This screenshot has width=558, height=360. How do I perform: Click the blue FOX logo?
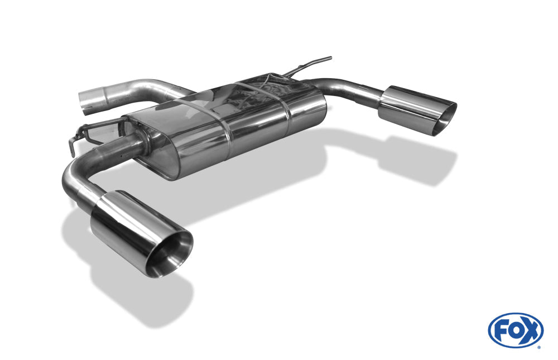point(516,330)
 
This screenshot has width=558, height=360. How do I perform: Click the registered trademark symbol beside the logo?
point(539,347)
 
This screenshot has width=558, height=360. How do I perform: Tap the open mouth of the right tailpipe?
point(445,120)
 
